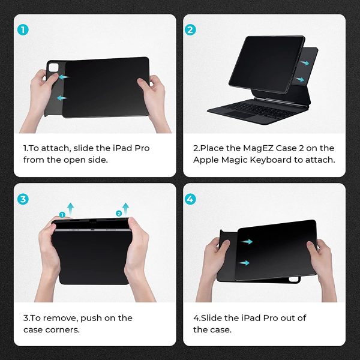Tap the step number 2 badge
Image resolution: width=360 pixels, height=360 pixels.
pos(190,29)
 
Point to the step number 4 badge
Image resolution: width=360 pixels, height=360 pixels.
pos(190,199)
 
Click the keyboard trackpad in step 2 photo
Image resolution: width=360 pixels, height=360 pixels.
pos(237,114)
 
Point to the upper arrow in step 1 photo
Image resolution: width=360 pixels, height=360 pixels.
pos(64,77)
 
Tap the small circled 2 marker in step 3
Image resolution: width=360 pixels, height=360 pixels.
pos(118,213)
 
